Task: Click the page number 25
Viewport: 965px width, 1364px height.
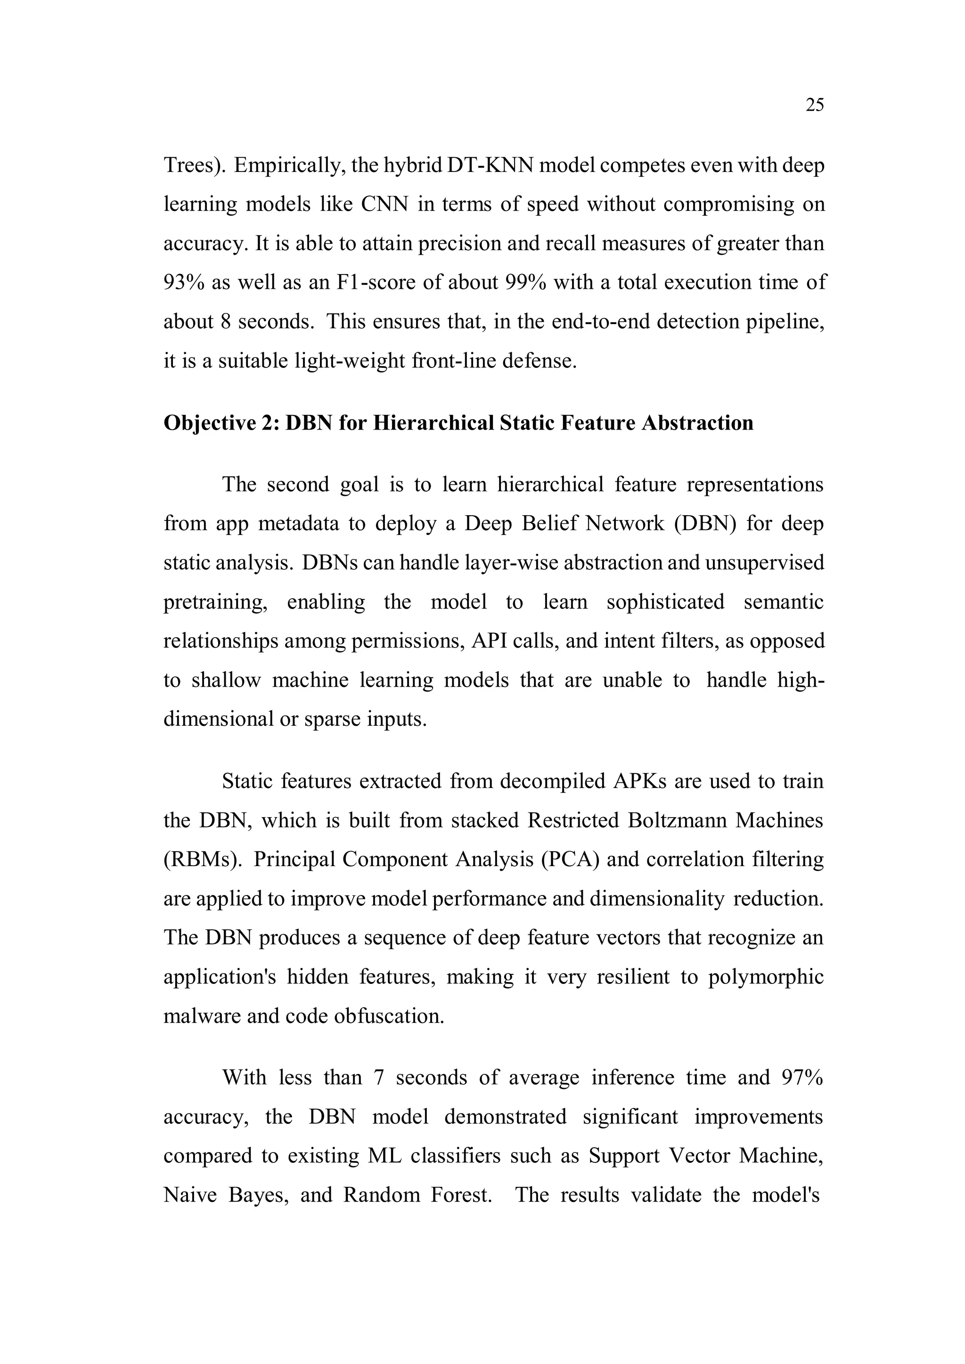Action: click(x=814, y=105)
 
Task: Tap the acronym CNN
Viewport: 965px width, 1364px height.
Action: click(x=384, y=204)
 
